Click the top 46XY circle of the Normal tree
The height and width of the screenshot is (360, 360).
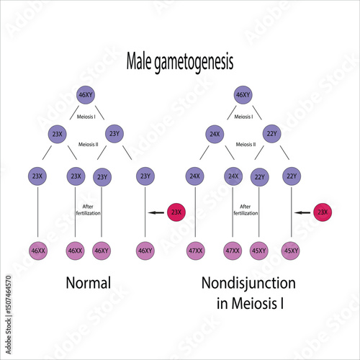pyautogui.click(x=86, y=94)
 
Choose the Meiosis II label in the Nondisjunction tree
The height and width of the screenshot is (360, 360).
pyautogui.click(x=248, y=143)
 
